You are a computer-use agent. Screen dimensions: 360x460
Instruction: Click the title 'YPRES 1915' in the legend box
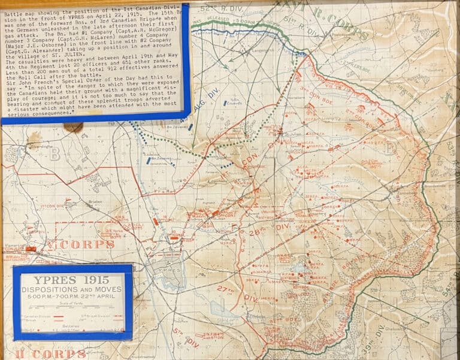pyautogui.click(x=72, y=280)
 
